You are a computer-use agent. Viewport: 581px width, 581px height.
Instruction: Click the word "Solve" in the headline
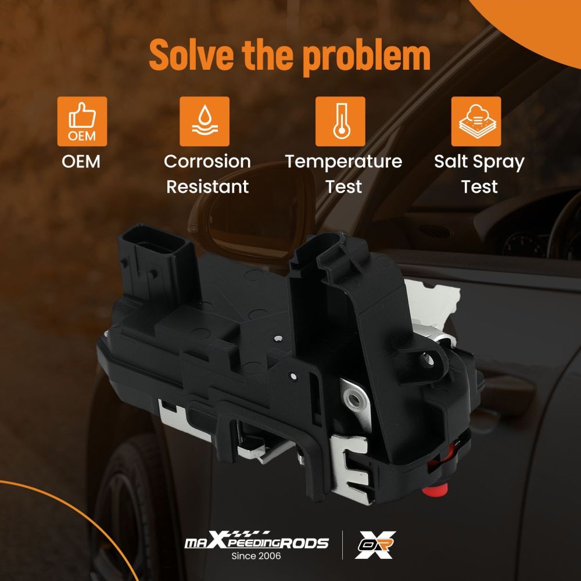(192, 55)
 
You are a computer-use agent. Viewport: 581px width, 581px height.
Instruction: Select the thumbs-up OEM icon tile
(83, 121)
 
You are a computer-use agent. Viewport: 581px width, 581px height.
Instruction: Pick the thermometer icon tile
(340, 121)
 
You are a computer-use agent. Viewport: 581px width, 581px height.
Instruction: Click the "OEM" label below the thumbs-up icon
(81, 162)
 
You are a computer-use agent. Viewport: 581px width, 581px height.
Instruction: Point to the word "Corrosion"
(207, 162)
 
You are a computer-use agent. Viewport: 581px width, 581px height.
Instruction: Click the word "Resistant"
(207, 187)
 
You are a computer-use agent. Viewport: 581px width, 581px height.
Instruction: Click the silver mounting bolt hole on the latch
(354, 400)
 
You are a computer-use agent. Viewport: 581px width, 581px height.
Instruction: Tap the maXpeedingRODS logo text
(256, 541)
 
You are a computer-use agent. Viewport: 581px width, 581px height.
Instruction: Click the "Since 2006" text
(256, 556)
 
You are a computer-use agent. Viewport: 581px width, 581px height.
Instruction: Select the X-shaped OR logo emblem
(375, 545)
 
